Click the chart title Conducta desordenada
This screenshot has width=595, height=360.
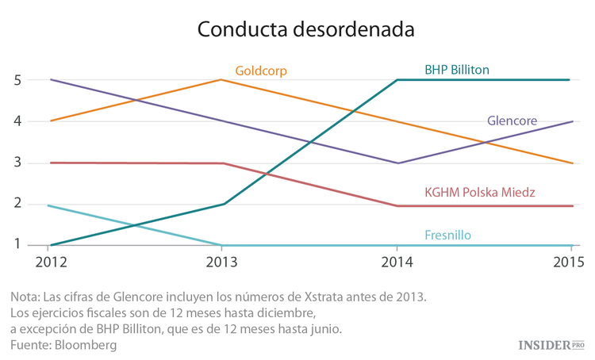[x=305, y=29]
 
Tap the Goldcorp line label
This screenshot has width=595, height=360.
[x=261, y=71]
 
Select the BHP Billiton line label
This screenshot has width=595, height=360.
[x=457, y=70]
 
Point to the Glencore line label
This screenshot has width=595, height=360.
[x=512, y=121]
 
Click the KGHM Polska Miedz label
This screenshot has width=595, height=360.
[x=480, y=193]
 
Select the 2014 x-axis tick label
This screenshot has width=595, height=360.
[x=396, y=260]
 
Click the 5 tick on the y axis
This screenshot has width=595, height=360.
[x=17, y=80]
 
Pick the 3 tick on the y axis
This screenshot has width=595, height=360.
[x=17, y=163]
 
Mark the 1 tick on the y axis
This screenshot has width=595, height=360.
[x=17, y=245]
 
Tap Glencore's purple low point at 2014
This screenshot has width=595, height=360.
[x=396, y=163]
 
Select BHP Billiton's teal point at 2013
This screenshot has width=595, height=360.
[x=224, y=204]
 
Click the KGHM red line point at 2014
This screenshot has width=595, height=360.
[x=396, y=206]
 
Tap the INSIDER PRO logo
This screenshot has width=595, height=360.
[x=551, y=345]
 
